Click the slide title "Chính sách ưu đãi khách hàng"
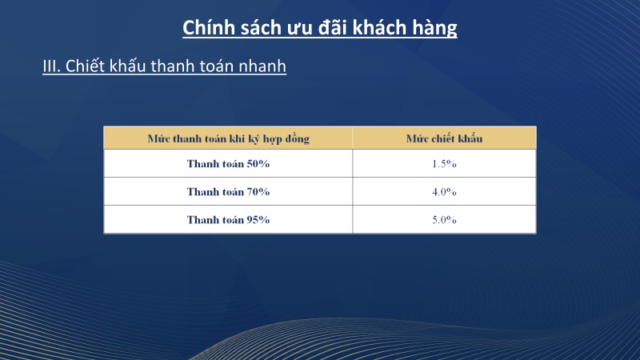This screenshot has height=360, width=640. click(x=320, y=28)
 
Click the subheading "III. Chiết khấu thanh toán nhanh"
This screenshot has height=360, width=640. click(x=164, y=66)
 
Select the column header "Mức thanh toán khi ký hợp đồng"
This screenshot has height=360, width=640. click(x=228, y=138)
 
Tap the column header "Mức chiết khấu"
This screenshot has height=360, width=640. click(x=444, y=138)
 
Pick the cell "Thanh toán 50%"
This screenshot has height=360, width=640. click(x=228, y=164)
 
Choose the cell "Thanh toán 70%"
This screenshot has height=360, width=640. click(x=228, y=192)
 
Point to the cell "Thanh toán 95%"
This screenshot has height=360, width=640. click(x=228, y=219)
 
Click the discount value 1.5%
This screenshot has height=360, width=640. click(x=444, y=164)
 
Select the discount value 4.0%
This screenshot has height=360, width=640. click(x=444, y=192)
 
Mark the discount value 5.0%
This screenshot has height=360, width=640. click(x=444, y=219)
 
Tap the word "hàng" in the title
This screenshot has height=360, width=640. click(x=435, y=28)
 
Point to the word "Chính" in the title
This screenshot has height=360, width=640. click(x=208, y=28)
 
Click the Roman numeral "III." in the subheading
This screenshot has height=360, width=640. click(x=52, y=66)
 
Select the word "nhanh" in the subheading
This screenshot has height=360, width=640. click(x=261, y=66)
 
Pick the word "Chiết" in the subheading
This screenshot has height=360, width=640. click(x=86, y=66)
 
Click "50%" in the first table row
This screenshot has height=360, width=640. click(x=258, y=164)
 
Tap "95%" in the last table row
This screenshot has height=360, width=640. click(x=258, y=219)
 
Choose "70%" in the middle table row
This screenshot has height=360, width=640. click(x=258, y=192)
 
